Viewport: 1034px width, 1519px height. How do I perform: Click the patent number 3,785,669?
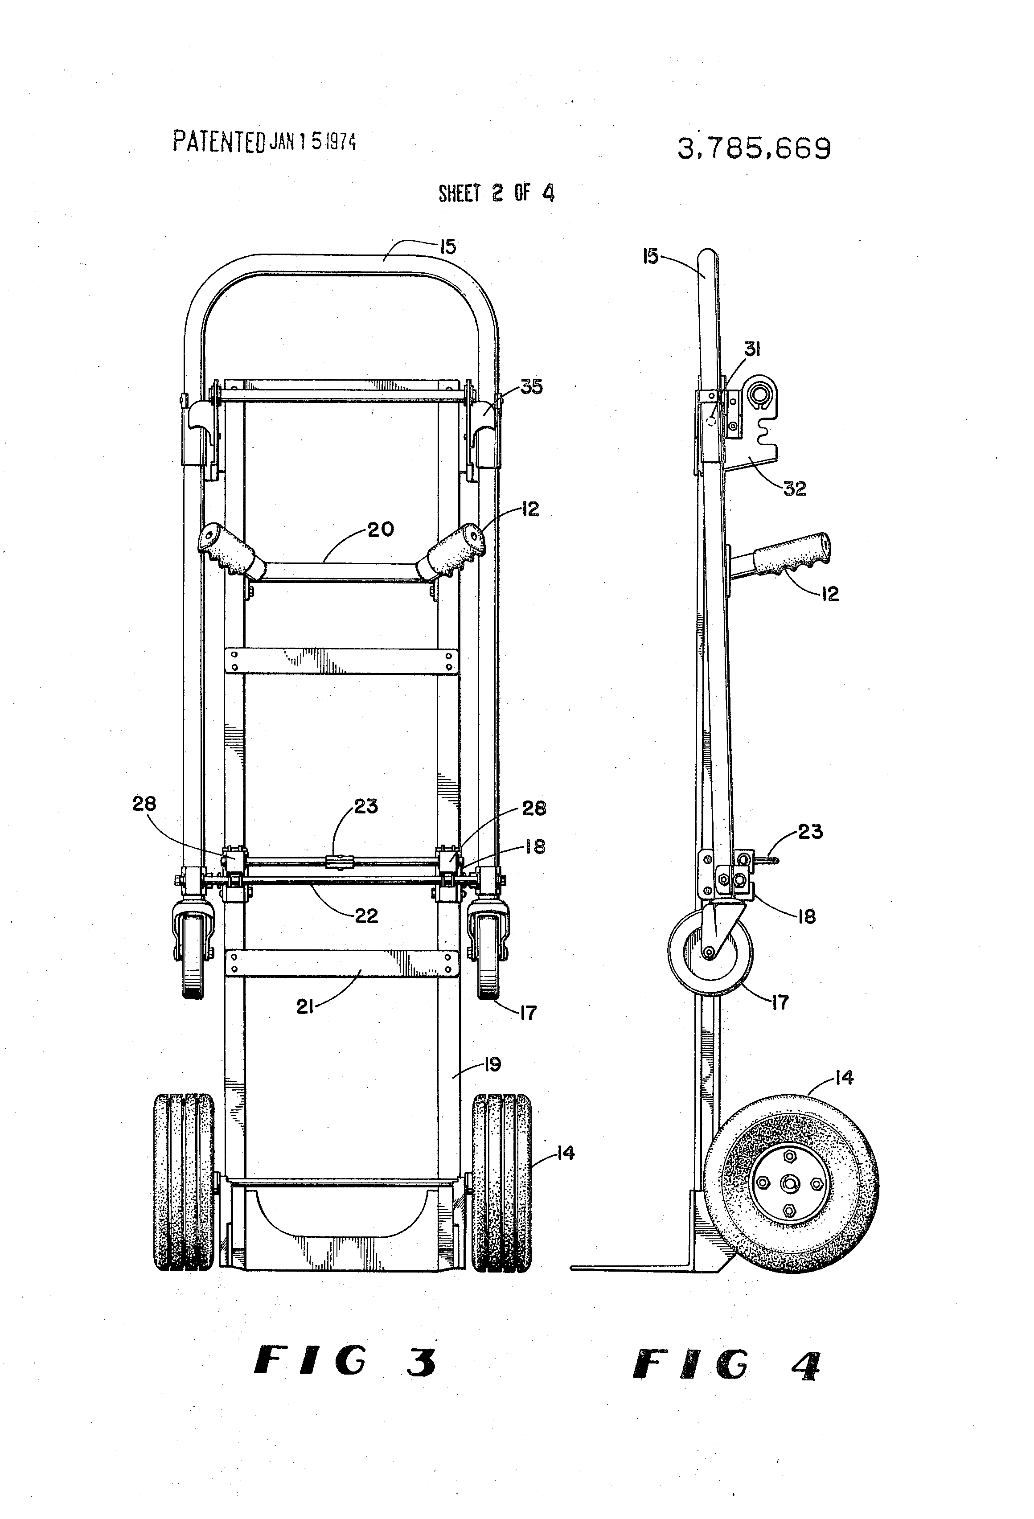tap(754, 150)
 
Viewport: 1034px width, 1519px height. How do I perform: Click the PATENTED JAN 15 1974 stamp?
tap(264, 141)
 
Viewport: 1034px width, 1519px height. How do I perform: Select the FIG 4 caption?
tap(726, 1365)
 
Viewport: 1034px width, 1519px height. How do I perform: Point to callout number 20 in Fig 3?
tap(381, 530)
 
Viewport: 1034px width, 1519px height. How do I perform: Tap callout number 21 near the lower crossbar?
tap(305, 1007)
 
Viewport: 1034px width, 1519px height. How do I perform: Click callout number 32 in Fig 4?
tap(795, 488)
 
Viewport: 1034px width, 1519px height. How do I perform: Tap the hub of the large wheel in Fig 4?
tap(789, 1183)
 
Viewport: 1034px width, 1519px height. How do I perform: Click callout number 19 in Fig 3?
tap(492, 1065)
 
